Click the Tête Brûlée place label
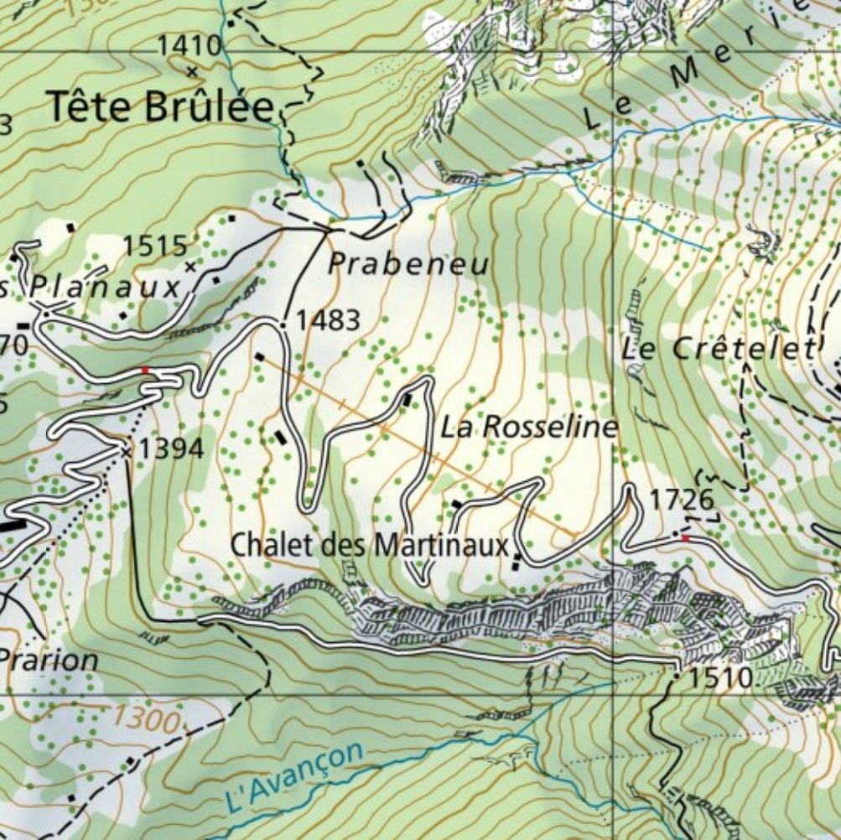160,107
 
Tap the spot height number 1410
190,46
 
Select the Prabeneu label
408,265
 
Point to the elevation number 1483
328,319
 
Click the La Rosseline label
529,428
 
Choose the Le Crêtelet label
719,349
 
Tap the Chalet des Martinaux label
370,546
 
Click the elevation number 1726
682,500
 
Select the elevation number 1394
171,449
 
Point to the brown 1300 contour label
146,718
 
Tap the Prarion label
49,660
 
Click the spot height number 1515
154,246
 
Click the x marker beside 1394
127,452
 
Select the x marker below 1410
191,71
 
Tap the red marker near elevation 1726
685,537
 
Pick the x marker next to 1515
190,267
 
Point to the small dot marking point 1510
677,673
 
